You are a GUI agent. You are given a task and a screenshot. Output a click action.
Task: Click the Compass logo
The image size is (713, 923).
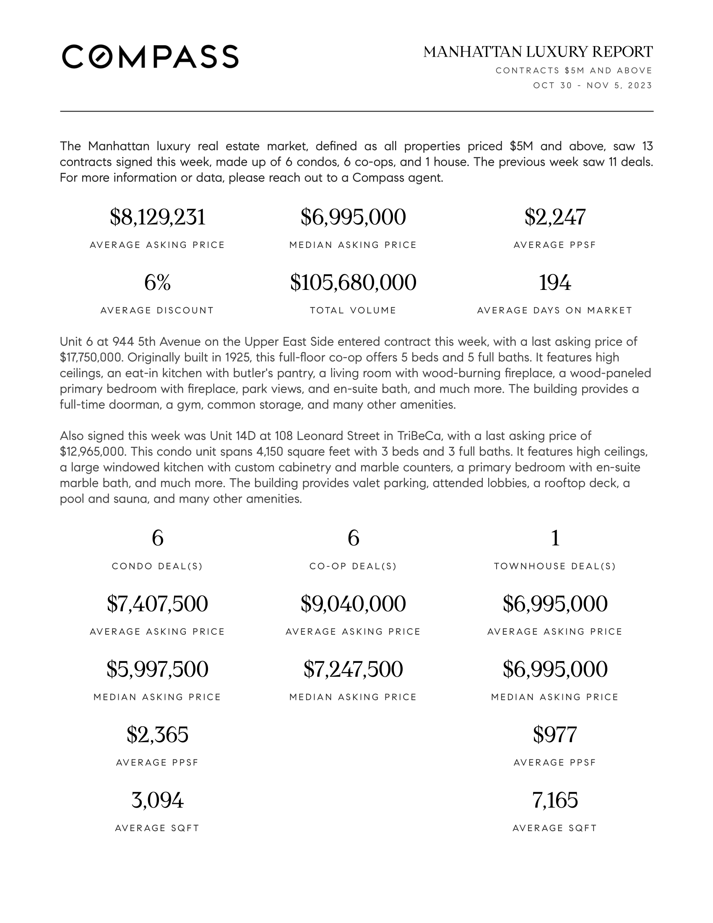pyautogui.click(x=150, y=56)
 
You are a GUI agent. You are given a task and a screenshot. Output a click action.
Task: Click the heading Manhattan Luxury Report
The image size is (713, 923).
pyautogui.click(x=538, y=52)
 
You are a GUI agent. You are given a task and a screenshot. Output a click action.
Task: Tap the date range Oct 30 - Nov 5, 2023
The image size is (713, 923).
pyautogui.click(x=592, y=85)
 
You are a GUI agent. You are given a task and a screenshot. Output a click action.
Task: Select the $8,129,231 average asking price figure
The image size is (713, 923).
pyautogui.click(x=158, y=217)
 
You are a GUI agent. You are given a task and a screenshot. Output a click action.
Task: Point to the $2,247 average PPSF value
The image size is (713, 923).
pyautogui.click(x=554, y=217)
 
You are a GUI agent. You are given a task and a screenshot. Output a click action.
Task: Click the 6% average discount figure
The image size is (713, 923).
pyautogui.click(x=158, y=282)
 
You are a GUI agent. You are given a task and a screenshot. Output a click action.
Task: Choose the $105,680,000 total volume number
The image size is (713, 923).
pyautogui.click(x=353, y=282)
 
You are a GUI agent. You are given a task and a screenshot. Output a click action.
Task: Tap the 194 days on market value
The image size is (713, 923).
pyautogui.click(x=554, y=282)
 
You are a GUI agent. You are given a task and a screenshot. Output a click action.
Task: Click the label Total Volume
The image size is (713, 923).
pyautogui.click(x=353, y=310)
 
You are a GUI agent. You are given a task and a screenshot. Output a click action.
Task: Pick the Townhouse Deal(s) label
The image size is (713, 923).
pyautogui.click(x=554, y=566)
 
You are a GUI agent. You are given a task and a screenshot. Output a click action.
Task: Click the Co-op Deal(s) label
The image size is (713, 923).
pyautogui.click(x=353, y=566)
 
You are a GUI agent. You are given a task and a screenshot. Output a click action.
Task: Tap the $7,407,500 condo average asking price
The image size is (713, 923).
pyautogui.click(x=158, y=603)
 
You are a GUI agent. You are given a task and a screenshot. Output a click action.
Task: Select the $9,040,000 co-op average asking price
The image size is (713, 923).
pyautogui.click(x=353, y=603)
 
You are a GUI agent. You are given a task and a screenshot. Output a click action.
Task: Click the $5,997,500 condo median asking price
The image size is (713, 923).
pyautogui.click(x=158, y=669)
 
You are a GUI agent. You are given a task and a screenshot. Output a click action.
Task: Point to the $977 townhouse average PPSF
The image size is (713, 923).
pyautogui.click(x=554, y=735)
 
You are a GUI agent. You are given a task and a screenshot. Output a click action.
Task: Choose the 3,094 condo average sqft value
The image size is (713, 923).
pyautogui.click(x=158, y=800)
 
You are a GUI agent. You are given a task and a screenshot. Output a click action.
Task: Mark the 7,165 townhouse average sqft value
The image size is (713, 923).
pyautogui.click(x=554, y=800)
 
